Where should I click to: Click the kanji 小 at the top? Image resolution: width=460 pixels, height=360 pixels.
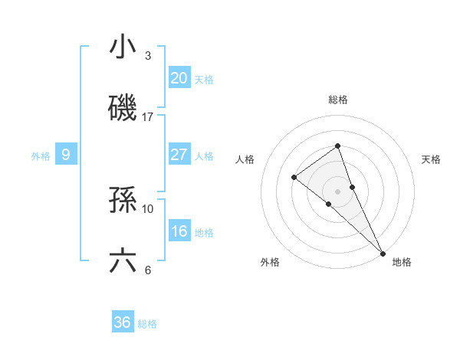tap(123, 47)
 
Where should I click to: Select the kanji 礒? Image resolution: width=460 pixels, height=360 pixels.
tap(123, 108)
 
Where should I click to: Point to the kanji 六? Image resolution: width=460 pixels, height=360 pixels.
tap(123, 261)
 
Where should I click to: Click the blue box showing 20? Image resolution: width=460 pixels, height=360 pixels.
tap(179, 77)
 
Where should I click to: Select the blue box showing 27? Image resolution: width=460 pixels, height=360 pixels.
tap(179, 154)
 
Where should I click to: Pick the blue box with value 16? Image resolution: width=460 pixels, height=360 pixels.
tap(179, 231)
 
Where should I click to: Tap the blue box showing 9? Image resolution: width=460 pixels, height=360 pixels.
tap(66, 155)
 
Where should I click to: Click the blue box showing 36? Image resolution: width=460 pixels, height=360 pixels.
tap(123, 322)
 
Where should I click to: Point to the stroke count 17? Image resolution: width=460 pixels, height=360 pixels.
tap(148, 117)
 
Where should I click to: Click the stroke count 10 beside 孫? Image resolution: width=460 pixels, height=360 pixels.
tap(148, 208)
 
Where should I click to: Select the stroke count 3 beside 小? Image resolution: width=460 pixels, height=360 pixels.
tap(148, 56)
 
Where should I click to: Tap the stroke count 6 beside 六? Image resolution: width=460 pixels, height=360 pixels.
tap(148, 270)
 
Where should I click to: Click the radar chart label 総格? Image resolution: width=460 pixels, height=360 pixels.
tap(338, 100)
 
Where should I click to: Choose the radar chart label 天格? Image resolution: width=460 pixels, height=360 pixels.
tap(431, 159)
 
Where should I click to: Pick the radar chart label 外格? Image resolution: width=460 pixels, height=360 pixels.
tap(270, 262)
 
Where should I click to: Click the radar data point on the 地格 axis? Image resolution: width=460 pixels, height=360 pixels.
tap(383, 252)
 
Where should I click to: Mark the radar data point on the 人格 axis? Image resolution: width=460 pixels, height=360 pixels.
tap(294, 177)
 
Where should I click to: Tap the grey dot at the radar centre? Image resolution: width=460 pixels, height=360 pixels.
tap(337, 191)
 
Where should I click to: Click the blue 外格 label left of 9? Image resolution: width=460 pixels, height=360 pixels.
tap(41, 155)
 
